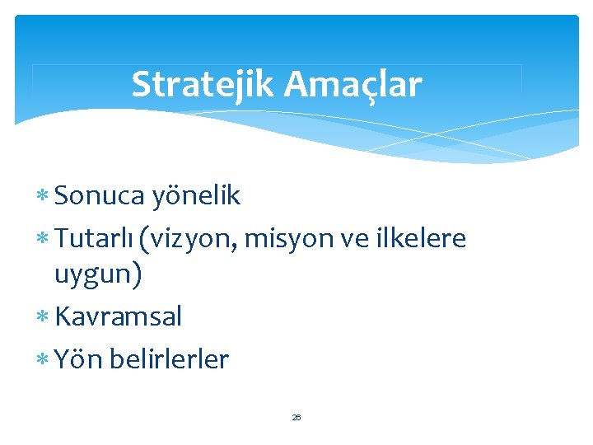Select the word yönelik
click(196, 195)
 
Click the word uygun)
click(98, 274)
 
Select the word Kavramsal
click(118, 316)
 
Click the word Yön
click(77, 359)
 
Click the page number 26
click(296, 418)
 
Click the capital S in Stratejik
click(141, 84)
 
